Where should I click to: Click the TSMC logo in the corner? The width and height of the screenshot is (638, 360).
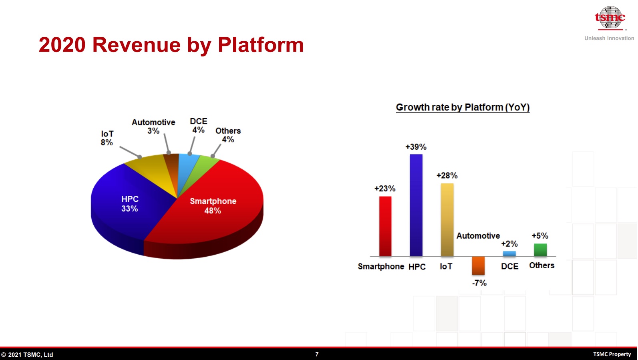click(x=610, y=18)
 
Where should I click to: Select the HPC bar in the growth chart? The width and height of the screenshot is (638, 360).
click(x=416, y=205)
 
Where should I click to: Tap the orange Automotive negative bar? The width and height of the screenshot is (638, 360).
click(x=478, y=266)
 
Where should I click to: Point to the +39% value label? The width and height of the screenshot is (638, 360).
click(x=416, y=147)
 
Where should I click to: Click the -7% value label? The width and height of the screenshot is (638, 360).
click(x=479, y=283)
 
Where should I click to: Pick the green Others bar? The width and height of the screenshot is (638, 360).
click(x=540, y=250)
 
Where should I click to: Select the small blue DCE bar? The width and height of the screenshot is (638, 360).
click(x=509, y=254)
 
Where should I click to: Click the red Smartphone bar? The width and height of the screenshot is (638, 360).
click(x=385, y=226)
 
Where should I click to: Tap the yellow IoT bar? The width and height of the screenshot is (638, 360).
click(x=447, y=220)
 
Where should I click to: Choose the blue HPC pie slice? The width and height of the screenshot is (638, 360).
click(x=125, y=205)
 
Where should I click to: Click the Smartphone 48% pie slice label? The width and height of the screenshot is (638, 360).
click(x=213, y=206)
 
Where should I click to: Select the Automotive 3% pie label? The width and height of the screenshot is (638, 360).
click(x=153, y=127)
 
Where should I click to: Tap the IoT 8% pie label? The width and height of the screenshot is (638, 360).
click(x=107, y=138)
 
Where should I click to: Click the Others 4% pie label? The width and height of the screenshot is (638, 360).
click(x=228, y=135)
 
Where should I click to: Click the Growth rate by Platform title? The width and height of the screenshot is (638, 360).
click(x=463, y=107)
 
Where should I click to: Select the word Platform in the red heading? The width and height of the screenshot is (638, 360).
click(x=261, y=45)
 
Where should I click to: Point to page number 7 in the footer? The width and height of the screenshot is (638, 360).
click(x=317, y=354)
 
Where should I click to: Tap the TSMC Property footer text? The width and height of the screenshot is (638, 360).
click(x=612, y=354)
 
